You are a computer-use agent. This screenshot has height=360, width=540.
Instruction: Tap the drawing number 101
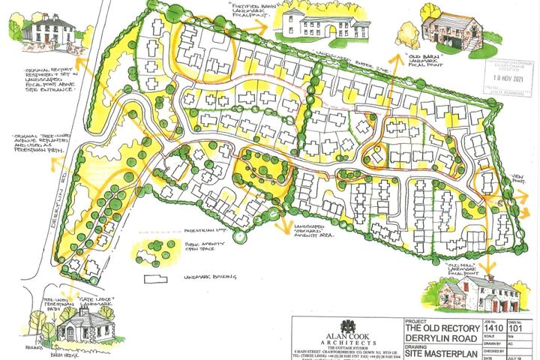tap(516, 327)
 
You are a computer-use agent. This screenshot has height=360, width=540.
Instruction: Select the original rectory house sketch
tap(46, 30)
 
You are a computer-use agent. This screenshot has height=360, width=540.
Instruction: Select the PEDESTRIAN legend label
tap(204, 232)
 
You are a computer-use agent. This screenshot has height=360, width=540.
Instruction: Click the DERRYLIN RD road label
tap(64, 206)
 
